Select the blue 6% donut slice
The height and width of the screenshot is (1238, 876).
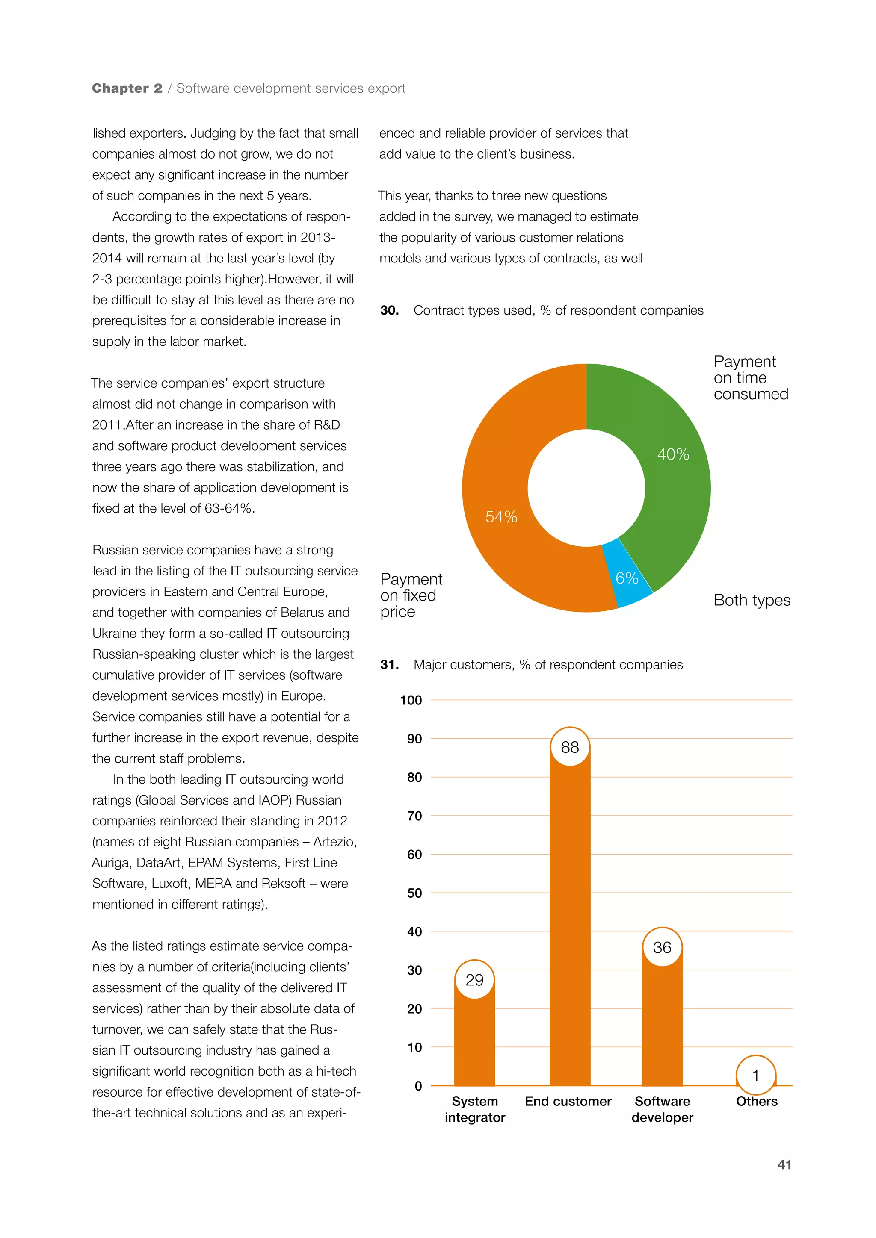[x=629, y=577]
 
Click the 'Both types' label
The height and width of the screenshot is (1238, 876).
[x=752, y=600]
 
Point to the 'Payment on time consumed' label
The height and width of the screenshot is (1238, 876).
[x=750, y=377]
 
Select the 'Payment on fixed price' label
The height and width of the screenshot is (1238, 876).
[x=411, y=595]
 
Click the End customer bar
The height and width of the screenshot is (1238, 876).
[x=570, y=917]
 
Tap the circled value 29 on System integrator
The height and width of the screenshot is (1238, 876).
[x=474, y=980]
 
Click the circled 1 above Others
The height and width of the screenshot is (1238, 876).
[x=756, y=1075]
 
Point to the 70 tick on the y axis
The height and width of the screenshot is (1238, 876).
[x=414, y=816]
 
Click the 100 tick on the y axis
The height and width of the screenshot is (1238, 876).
[x=411, y=700]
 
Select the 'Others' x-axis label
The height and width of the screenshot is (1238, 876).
[x=756, y=1101]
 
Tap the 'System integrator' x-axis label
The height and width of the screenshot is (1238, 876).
[x=475, y=1109]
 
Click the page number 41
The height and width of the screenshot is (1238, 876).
[x=784, y=1164]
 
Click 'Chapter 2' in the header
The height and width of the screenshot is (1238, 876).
[x=127, y=88]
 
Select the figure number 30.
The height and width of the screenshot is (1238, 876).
[x=390, y=311]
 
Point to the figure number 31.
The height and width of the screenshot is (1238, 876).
[x=390, y=665]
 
